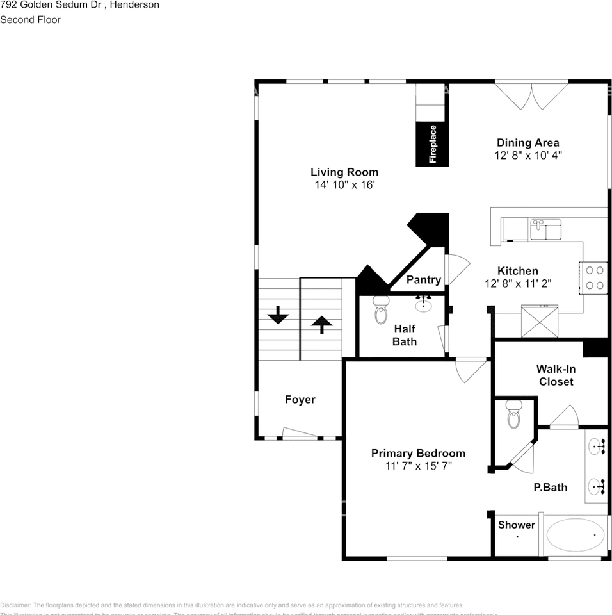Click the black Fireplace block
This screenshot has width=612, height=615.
(x=431, y=144)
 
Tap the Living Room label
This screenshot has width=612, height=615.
(x=344, y=172)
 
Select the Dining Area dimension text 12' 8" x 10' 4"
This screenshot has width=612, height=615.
(x=528, y=156)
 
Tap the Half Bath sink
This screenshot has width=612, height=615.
(x=423, y=304)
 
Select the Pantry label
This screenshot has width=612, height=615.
(x=423, y=280)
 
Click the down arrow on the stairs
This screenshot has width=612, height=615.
(x=278, y=315)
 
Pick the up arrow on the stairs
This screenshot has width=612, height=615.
(x=321, y=324)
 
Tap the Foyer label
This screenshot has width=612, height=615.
(x=300, y=400)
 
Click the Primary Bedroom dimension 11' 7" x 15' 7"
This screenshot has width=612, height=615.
(x=418, y=466)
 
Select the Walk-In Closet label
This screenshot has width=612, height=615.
(x=556, y=375)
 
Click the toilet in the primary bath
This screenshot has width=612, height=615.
(x=514, y=414)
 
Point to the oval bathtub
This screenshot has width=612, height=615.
(x=574, y=536)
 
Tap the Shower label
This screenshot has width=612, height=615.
(x=516, y=525)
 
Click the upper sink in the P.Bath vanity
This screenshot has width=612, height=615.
(x=595, y=446)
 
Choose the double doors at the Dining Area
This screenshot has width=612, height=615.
(x=531, y=94)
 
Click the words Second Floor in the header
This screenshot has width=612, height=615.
(x=30, y=20)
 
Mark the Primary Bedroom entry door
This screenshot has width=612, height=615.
(x=471, y=369)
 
